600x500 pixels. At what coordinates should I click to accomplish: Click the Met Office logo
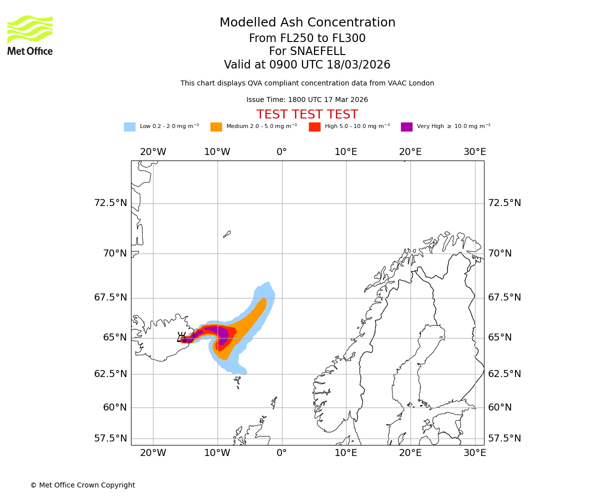pos(30,35)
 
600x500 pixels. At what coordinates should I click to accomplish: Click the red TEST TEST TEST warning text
pos(307,114)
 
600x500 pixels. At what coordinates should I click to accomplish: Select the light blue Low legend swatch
pos(129,126)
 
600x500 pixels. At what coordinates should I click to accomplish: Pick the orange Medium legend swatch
pos(216,126)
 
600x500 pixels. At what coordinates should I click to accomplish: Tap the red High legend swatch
pos(314,126)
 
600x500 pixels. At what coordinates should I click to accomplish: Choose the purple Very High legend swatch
pos(406,126)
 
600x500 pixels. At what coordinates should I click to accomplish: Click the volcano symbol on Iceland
pos(182,337)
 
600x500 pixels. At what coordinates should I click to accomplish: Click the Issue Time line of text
pos(307,100)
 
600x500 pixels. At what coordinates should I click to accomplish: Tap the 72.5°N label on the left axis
pos(110,203)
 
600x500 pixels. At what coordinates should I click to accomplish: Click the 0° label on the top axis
pos(281,152)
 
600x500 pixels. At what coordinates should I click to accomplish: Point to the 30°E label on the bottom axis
pos(474,453)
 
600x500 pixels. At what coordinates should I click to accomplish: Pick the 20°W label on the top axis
pos(153,152)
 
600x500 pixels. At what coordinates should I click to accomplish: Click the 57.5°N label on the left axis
pos(110,438)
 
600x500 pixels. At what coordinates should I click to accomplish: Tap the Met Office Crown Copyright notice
pos(82,485)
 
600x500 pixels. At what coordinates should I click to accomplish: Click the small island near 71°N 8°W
pos(227,234)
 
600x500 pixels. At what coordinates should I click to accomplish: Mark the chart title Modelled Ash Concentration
pos(307,22)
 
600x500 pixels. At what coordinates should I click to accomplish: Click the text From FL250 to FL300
pos(307,38)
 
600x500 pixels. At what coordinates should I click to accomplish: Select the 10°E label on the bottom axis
pos(346,453)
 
